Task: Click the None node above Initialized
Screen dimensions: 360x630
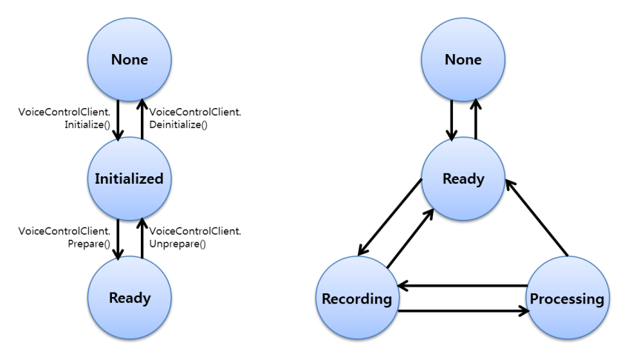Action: point(130,59)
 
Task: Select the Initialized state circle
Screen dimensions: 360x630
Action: point(130,179)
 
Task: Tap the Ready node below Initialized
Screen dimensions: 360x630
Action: point(130,298)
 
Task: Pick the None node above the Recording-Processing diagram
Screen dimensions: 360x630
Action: point(463,59)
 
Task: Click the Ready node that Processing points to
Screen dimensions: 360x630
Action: point(463,179)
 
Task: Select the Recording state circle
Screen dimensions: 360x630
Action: point(357,299)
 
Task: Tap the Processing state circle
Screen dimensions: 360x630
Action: point(566,299)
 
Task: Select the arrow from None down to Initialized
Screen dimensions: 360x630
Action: point(118,119)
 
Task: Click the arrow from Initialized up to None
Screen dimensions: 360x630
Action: point(142,119)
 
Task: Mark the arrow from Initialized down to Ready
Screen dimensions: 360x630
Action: point(118,238)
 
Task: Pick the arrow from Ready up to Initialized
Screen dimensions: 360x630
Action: point(142,238)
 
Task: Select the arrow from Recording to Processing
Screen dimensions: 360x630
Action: point(463,310)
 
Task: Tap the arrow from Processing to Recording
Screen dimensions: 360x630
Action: point(463,285)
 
